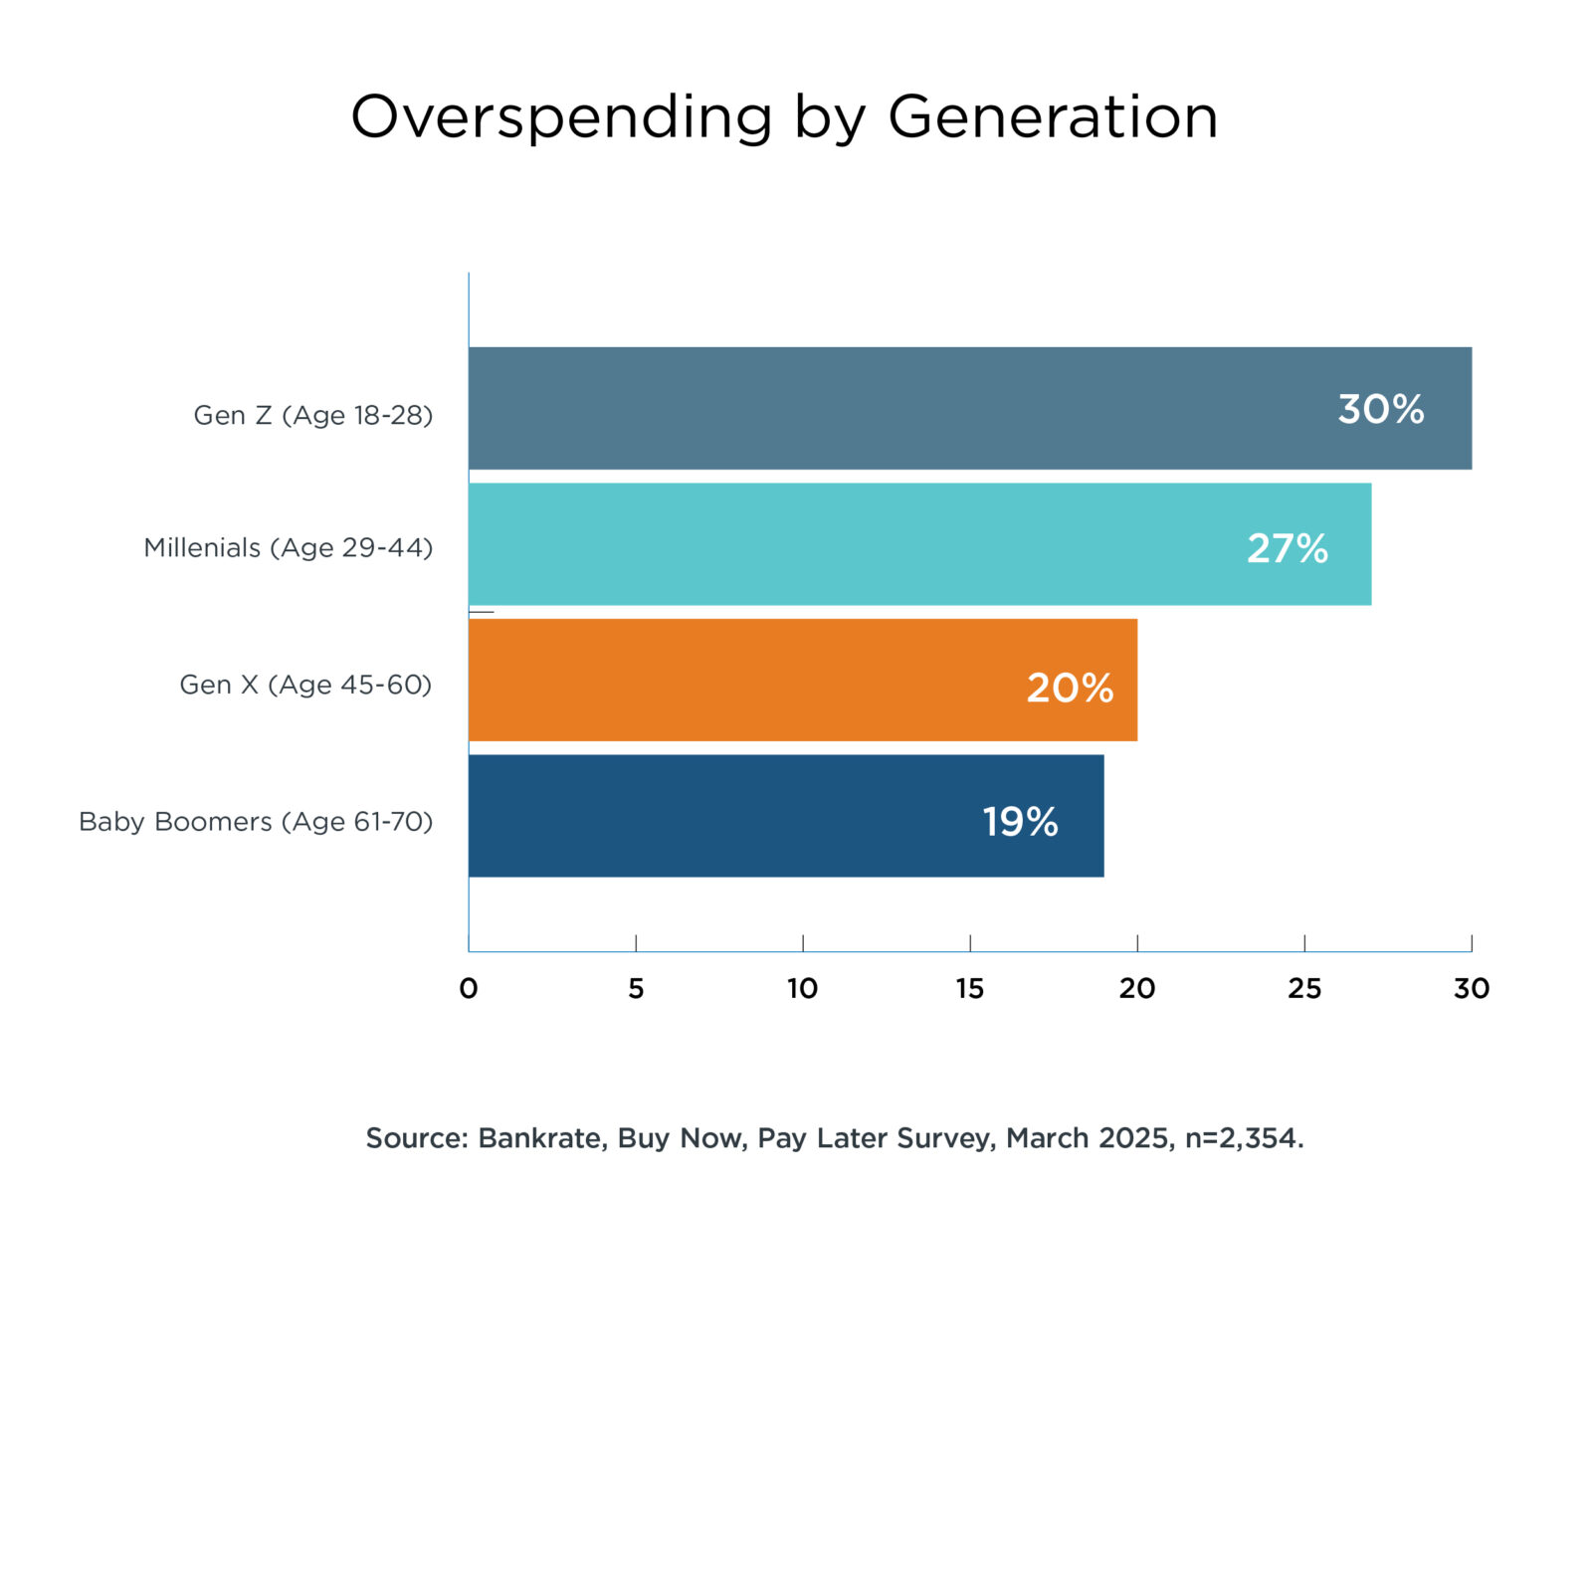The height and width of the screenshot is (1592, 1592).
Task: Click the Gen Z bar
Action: click(895, 408)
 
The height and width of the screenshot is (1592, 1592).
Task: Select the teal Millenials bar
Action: click(846, 544)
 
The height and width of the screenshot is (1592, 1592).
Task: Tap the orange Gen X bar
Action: click(746, 680)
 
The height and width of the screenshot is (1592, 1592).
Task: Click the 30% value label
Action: click(1380, 409)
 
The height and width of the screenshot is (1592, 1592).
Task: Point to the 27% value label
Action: click(1287, 548)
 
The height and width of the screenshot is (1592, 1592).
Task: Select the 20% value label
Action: click(1070, 688)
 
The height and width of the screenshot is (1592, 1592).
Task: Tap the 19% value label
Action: click(1020, 822)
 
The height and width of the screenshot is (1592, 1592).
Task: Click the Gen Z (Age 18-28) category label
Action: click(313, 415)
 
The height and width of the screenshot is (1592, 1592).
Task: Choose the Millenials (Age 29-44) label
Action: click(289, 547)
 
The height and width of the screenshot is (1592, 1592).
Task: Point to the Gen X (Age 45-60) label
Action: click(305, 685)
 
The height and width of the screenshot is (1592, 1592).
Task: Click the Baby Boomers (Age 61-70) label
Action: click(256, 822)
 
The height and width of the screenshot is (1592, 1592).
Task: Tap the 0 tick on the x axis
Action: click(469, 988)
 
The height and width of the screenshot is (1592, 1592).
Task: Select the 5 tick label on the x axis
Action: click(636, 988)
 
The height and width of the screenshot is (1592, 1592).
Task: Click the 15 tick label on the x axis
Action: click(970, 988)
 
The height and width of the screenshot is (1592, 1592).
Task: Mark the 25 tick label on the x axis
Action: click(1304, 988)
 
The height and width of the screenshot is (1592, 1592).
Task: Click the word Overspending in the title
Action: click(561, 117)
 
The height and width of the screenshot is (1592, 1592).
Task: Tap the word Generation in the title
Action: click(1053, 116)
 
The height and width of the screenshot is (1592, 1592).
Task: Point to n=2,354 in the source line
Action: click(1244, 1137)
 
